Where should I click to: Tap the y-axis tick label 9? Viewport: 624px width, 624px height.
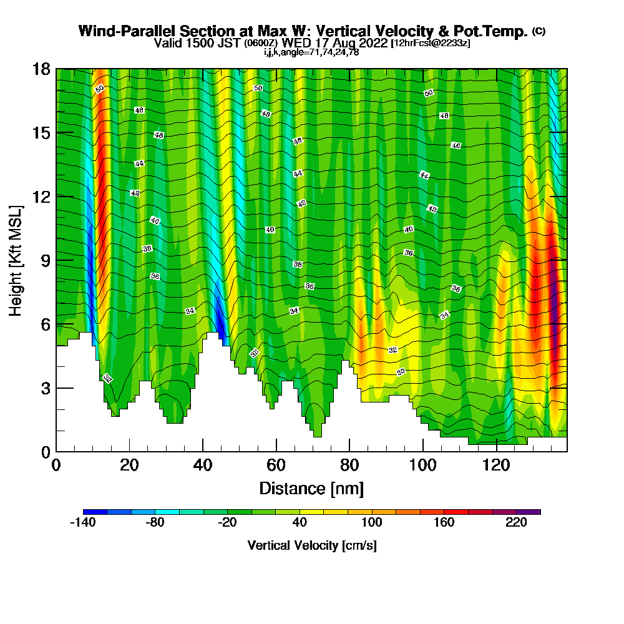pyautogui.click(x=45, y=260)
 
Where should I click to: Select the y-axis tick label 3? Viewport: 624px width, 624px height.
pyautogui.click(x=45, y=388)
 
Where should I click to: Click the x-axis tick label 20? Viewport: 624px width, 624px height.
pyautogui.click(x=129, y=466)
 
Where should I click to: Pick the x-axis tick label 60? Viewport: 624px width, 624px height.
pyautogui.click(x=276, y=466)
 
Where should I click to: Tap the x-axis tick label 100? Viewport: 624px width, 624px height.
pyautogui.click(x=422, y=466)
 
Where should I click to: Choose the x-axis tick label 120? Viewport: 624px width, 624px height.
pyautogui.click(x=496, y=466)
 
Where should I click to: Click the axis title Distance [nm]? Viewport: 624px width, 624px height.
pyautogui.click(x=311, y=488)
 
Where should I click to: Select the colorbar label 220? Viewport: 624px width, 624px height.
pyautogui.click(x=517, y=523)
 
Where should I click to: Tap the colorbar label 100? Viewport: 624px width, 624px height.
pyautogui.click(x=372, y=523)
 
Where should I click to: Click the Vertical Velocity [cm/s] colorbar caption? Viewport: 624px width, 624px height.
pyautogui.click(x=311, y=545)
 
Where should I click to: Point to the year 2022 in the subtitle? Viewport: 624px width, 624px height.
pyautogui.click(x=368, y=43)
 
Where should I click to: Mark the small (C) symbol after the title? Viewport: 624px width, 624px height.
pyautogui.click(x=539, y=31)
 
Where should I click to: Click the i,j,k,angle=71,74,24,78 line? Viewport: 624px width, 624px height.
pyautogui.click(x=311, y=52)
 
